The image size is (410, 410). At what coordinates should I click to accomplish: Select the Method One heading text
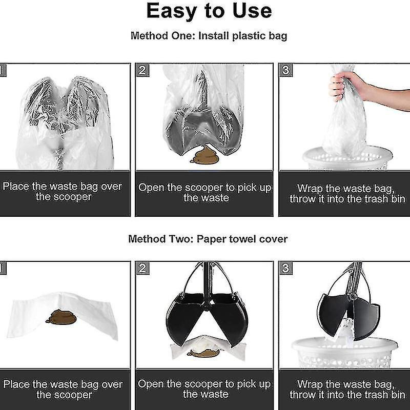click(209, 36)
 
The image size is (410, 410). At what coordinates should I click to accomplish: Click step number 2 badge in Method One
click(142, 70)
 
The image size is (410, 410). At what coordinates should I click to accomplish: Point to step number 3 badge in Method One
click(285, 70)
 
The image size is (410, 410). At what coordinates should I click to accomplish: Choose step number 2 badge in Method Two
click(142, 268)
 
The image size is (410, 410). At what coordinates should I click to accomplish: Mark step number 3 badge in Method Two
click(285, 268)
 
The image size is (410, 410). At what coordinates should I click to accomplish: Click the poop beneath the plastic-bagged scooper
click(204, 154)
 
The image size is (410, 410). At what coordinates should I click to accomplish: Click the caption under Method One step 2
click(204, 193)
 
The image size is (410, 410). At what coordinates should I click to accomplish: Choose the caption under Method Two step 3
click(347, 389)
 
